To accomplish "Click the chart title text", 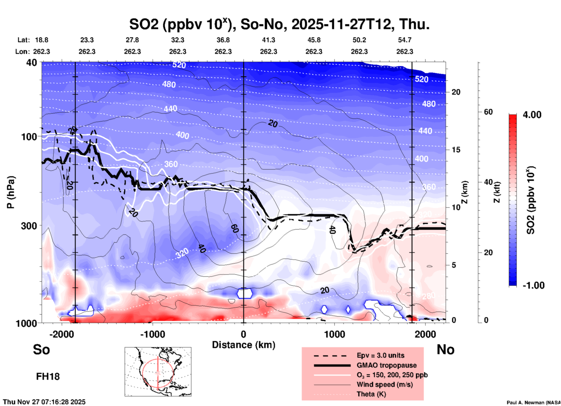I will tap(279, 24).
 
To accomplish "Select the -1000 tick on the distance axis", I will tap(152, 334).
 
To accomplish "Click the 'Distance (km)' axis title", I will tap(244, 345).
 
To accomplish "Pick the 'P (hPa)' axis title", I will tap(11, 192).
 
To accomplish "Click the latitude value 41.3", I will tap(268, 40).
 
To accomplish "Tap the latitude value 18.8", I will tap(42, 40).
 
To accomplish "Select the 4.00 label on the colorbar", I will tap(532, 115).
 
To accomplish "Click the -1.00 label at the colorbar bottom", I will tap(533, 285).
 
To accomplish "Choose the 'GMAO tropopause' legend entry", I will tap(387, 365).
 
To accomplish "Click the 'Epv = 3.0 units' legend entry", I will tap(380, 355).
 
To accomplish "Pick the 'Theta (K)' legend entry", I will tap(371, 394).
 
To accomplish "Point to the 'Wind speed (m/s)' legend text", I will tap(384, 384).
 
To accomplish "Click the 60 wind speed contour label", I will tap(235, 229).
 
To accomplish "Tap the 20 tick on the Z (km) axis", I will tap(456, 92).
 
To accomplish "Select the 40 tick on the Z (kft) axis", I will tap(488, 182).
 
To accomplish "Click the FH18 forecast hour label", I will tap(48, 377).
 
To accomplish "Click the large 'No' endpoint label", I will tap(445, 349).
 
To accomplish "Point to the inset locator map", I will tap(158, 372).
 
